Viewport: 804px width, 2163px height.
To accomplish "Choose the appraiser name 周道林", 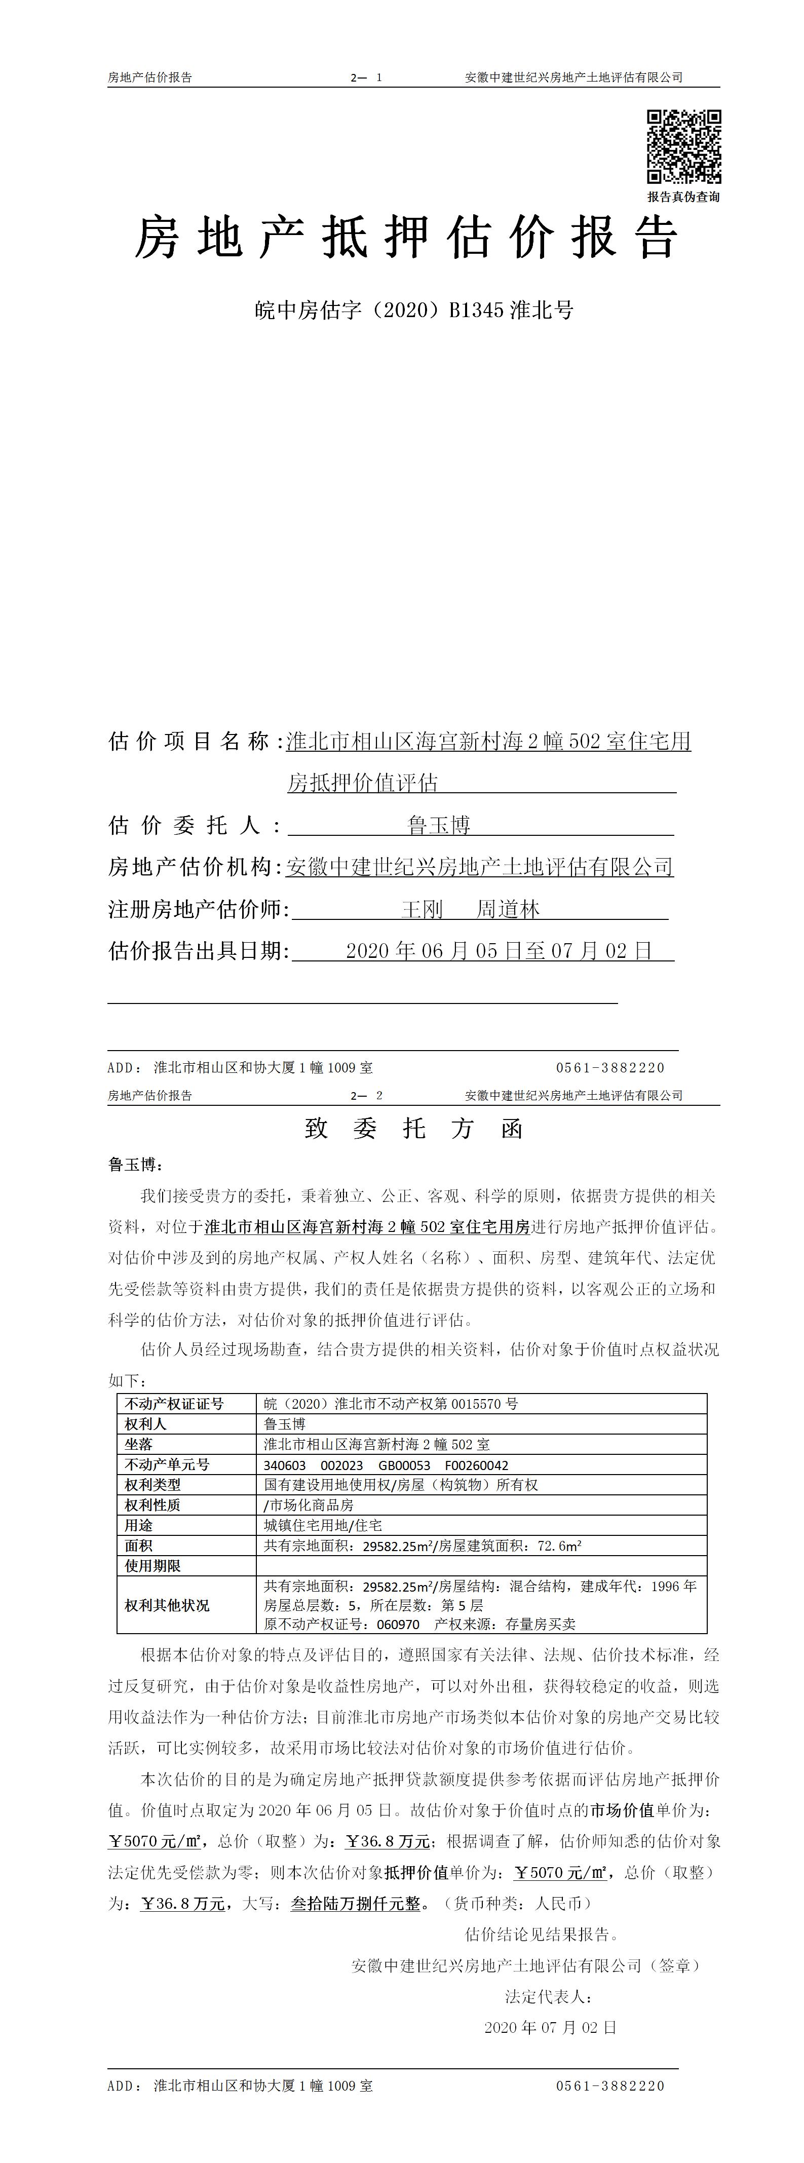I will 508,909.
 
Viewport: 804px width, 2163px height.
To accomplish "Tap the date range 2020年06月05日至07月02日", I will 499,951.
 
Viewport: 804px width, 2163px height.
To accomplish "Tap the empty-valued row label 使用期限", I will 153,1566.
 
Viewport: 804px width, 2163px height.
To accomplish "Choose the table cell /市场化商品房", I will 309,1505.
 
